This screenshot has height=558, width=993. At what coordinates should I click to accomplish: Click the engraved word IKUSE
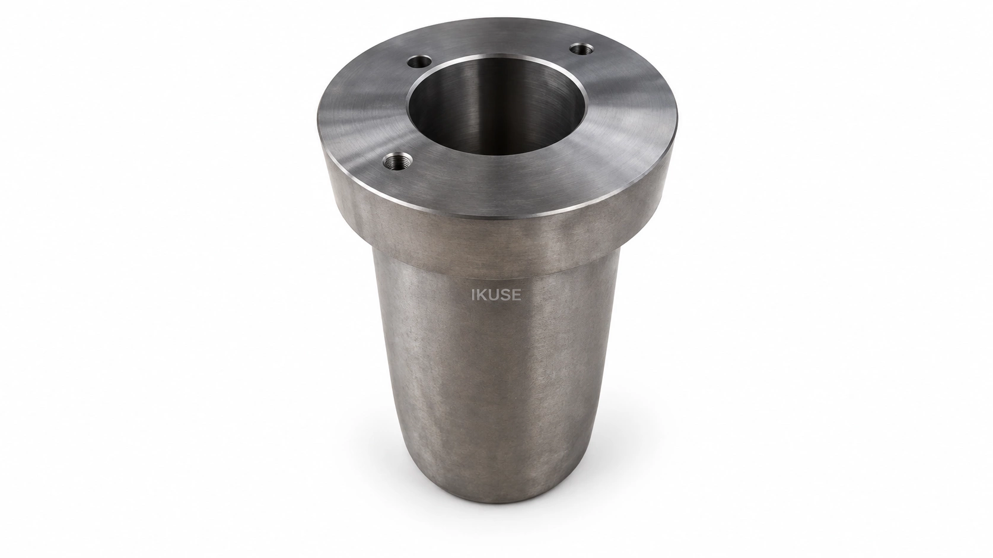click(x=496, y=296)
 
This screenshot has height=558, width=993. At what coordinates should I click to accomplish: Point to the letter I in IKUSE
click(x=473, y=296)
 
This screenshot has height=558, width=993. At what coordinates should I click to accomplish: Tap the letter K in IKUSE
click(x=482, y=296)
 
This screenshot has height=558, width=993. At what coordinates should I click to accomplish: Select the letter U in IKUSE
click(x=494, y=296)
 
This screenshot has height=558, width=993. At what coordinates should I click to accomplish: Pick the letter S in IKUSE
click(x=505, y=296)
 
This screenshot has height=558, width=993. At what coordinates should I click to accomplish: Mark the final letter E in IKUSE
click(x=517, y=296)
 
